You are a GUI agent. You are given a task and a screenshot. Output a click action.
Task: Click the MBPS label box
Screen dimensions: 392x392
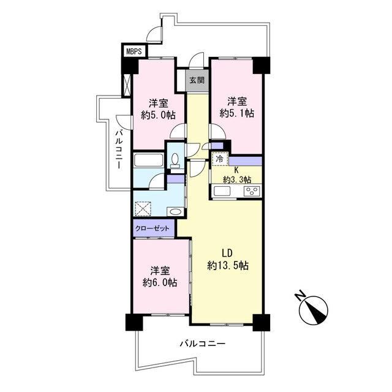point(135,51)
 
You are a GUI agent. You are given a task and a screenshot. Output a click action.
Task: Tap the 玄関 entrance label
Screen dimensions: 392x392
point(197,80)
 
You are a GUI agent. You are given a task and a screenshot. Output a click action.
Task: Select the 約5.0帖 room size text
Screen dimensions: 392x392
point(158,115)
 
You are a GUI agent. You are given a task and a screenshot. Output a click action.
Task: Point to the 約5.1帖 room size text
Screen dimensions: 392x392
point(237,113)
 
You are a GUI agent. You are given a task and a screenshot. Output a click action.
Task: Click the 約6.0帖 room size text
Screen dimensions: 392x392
point(160,282)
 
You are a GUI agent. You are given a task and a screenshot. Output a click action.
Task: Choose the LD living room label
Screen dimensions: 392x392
point(227,253)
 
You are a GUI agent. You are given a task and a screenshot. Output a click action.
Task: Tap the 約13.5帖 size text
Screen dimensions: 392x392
point(228,265)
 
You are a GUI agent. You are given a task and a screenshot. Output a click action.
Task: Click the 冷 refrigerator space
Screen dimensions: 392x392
point(220,159)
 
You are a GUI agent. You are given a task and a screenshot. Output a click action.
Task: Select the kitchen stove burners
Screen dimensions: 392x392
point(252,192)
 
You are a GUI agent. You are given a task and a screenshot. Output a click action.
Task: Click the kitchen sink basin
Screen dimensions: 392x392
point(222,192)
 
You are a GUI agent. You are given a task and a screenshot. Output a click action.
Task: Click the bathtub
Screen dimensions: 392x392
point(148,160)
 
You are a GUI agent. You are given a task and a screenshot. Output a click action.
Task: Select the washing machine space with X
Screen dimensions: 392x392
point(143,209)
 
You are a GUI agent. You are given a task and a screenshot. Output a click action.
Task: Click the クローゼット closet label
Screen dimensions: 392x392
point(153,228)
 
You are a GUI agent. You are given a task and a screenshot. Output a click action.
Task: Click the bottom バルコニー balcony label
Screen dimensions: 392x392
point(203,344)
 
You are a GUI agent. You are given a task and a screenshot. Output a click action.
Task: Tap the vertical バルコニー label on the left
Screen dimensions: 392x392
point(119,149)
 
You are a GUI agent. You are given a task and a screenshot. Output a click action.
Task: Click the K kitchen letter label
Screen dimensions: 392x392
point(236,170)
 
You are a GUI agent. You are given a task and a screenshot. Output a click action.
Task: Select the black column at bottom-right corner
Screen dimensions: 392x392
point(262,323)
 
